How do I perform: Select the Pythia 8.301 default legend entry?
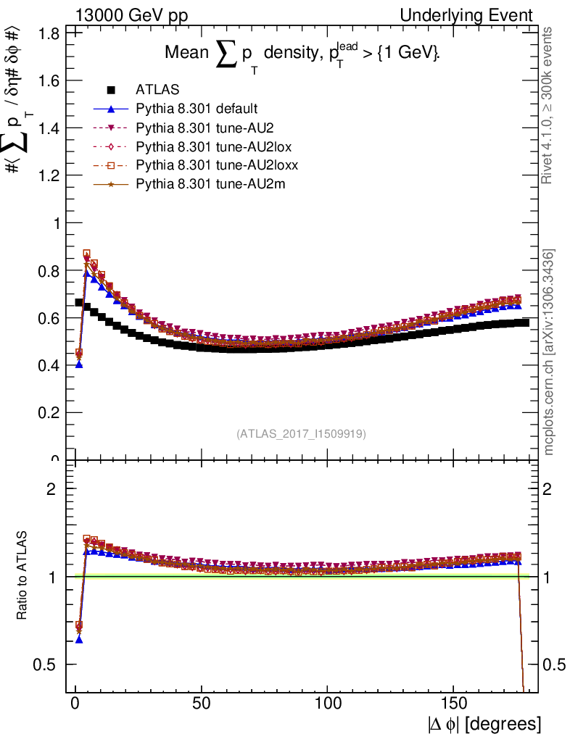click(197, 109)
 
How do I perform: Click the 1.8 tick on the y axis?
click(49, 33)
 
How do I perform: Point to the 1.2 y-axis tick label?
click(49, 175)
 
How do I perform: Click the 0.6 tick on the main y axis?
click(49, 317)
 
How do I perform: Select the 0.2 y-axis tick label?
click(49, 412)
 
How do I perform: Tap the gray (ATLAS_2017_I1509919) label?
click(301, 434)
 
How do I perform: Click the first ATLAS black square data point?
click(79, 302)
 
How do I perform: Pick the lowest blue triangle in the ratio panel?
click(79, 640)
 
